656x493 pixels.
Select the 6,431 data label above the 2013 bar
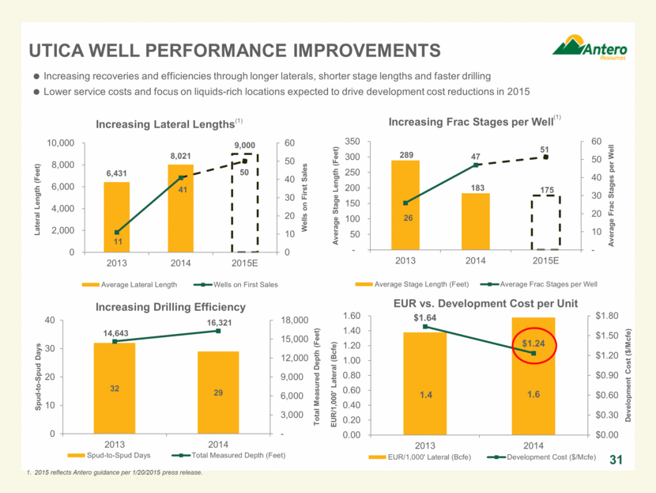point(116,173)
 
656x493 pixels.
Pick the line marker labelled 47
point(476,165)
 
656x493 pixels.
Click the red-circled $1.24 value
point(534,344)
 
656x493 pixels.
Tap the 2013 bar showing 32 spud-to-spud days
point(115,388)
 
